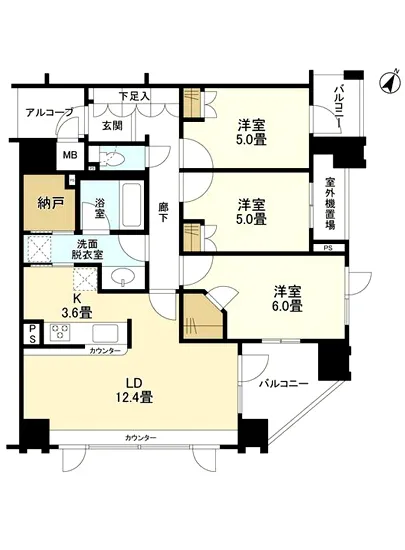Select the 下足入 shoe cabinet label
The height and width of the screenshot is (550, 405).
tap(134, 97)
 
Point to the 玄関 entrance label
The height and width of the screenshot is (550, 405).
tap(111, 126)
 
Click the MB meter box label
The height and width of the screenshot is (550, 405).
tap(70, 156)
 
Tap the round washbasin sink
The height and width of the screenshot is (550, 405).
tap(123, 276)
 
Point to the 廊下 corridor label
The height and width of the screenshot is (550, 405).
tap(163, 213)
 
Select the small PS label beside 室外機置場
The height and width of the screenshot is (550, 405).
tap(328, 246)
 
